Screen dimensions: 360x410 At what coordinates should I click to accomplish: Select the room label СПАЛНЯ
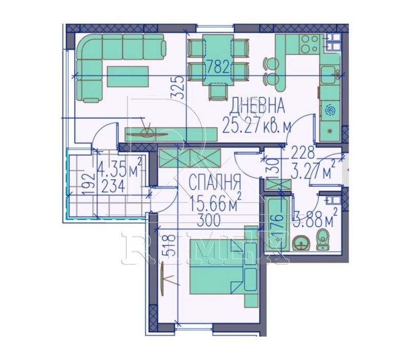click(x=215, y=182)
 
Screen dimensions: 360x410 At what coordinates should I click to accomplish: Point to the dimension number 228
click(x=302, y=152)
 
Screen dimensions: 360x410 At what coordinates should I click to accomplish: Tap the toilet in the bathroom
click(x=322, y=239)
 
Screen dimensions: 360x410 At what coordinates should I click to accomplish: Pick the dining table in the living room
click(x=217, y=59)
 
